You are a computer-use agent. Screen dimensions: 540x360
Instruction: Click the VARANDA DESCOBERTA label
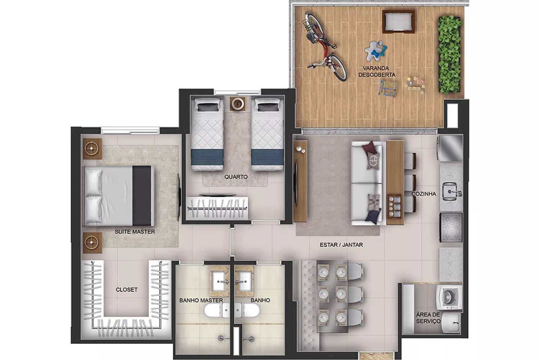point(377,72)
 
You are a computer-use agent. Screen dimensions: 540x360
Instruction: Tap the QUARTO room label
point(236,177)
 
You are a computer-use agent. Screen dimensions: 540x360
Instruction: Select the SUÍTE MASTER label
point(135,232)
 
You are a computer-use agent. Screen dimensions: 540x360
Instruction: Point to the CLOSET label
point(127,289)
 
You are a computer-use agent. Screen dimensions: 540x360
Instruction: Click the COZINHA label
point(424,194)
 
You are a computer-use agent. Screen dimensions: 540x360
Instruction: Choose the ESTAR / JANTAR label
point(341,245)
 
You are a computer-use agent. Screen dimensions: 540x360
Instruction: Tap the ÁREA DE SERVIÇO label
point(428,318)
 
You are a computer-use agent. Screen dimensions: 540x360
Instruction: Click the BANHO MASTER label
point(201,300)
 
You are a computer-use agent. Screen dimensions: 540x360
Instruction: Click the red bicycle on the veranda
point(324,46)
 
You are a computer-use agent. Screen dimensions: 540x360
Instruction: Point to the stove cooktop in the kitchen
point(451,228)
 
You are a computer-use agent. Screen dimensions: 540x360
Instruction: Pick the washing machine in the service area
point(449,298)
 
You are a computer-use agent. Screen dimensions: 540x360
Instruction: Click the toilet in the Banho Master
point(217,310)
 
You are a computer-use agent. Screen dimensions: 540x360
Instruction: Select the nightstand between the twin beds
point(238,104)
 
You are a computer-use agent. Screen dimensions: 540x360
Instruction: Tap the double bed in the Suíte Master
point(119,196)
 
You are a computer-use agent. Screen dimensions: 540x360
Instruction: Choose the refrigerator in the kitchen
point(450,148)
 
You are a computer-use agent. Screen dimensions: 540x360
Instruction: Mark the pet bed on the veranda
point(398,22)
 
